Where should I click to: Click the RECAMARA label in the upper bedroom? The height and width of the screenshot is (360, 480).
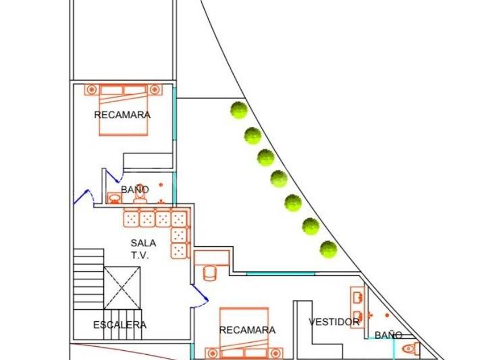tap(122, 115)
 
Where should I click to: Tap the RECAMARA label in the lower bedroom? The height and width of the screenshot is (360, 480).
tap(247, 330)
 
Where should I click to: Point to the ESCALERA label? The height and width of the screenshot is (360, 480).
tap(119, 325)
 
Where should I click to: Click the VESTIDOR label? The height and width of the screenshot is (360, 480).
tap(334, 322)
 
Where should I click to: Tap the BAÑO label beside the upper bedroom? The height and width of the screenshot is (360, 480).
tap(135, 189)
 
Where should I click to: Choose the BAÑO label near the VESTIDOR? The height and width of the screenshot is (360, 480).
tap(389, 335)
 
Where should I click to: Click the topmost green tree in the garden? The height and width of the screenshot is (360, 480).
tap(239, 110)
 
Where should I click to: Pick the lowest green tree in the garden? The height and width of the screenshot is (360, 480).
tap(328, 249)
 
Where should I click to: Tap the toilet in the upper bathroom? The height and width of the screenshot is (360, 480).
tap(140, 194)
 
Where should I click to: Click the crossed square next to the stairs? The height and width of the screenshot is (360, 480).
tap(122, 287)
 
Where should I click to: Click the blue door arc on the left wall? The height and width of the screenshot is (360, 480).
tap(84, 197)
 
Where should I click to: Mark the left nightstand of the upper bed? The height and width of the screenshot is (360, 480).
tap(91, 90)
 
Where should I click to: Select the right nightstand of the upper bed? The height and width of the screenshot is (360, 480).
tap(154, 90)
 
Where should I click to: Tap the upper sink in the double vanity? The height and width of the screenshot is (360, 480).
tap(358, 297)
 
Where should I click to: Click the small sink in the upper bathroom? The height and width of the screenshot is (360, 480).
tap(114, 199)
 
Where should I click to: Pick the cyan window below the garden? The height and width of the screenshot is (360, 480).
tap(280, 274)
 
